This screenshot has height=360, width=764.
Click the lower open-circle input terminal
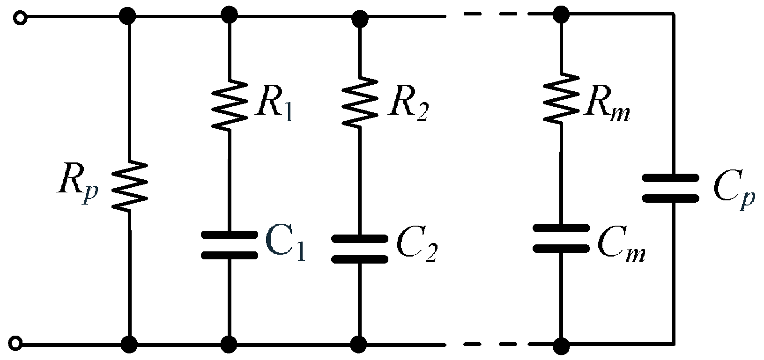(17, 344)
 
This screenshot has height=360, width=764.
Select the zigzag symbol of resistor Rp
(129, 186)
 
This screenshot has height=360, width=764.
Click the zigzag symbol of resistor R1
(229, 104)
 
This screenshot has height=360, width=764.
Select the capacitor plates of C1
(229, 245)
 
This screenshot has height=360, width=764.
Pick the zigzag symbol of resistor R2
(360, 104)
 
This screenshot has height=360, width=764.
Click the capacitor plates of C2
(360, 249)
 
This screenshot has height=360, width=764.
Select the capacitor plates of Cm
(561, 238)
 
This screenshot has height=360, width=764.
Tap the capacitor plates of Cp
(670, 188)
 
